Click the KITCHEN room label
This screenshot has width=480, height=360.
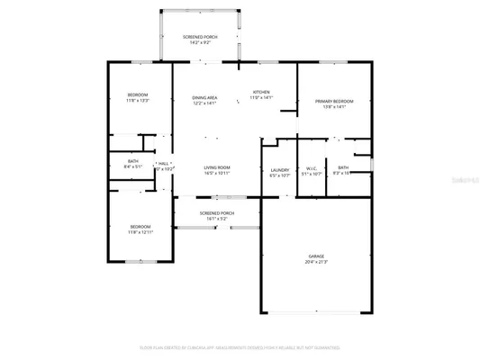261,92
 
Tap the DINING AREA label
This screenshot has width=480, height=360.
204,97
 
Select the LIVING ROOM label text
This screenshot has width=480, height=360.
216,167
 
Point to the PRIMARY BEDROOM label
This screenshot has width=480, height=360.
334,102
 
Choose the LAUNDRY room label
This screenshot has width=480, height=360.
279,169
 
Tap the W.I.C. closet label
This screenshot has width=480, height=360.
310,167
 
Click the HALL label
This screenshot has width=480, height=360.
164,163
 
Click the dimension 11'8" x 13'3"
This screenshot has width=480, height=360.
137,101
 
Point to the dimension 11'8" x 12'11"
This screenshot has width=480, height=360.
140,232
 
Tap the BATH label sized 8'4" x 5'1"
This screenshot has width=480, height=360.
132,162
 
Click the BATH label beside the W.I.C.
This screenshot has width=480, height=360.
343,167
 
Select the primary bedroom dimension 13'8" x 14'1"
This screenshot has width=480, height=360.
334,107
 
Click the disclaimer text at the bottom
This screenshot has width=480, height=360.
240,346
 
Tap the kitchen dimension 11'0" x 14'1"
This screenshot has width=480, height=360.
261,97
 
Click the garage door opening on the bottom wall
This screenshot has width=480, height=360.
315,312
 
